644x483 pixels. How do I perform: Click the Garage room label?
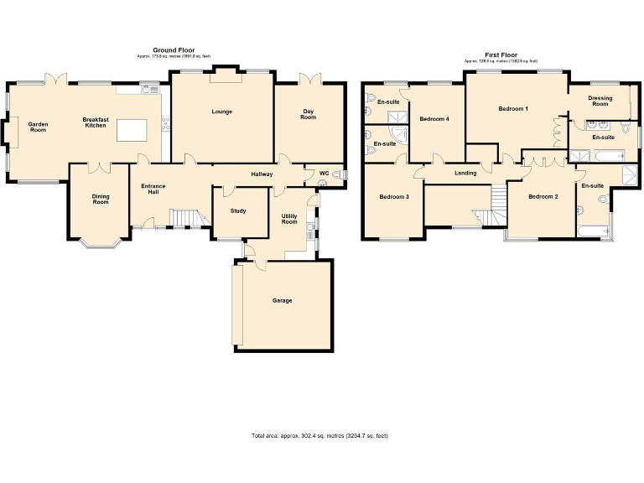(282, 300)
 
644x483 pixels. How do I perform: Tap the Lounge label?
(222, 112)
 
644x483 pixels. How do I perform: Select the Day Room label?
(309, 114)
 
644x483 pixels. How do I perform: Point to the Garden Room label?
(38, 127)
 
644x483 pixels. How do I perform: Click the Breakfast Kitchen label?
(95, 122)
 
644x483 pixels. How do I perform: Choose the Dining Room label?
(101, 199)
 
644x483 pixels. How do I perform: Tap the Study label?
(238, 210)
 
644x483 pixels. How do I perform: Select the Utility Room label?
(289, 219)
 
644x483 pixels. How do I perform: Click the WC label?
(324, 174)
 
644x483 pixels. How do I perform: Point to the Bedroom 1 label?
(513, 109)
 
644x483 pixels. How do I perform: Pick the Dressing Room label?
(600, 101)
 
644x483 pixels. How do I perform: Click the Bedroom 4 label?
(435, 119)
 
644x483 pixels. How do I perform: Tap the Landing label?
(465, 173)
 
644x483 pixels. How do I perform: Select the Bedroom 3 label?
(394, 197)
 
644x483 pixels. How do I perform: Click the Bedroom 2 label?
(543, 197)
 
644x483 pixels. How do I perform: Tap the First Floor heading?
(502, 56)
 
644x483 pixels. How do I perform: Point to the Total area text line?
(319, 436)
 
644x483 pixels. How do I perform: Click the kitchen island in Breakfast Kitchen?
(131, 130)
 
